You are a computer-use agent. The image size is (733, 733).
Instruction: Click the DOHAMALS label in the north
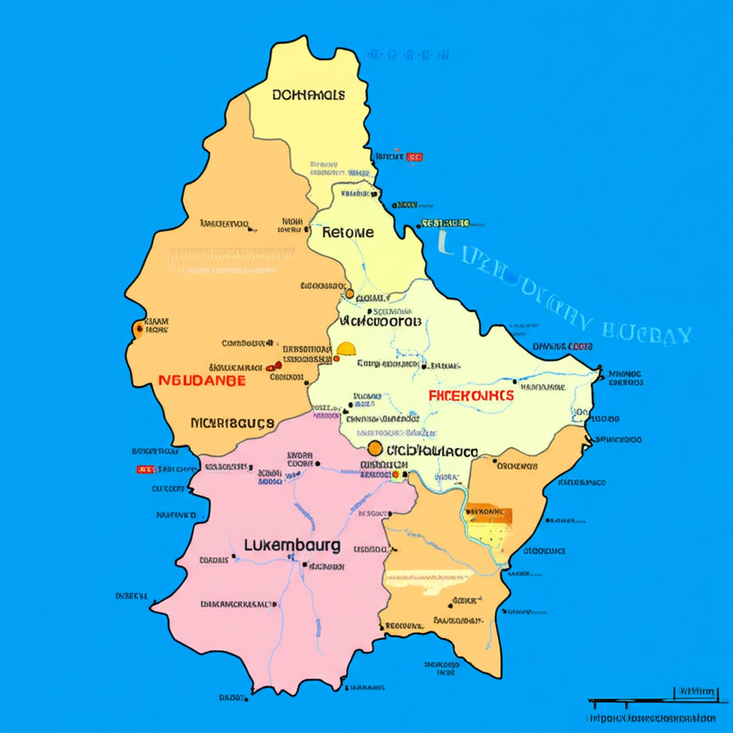click(x=309, y=94)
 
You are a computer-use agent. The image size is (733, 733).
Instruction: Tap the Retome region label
click(x=348, y=233)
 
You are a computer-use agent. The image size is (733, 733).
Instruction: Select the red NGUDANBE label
click(x=202, y=380)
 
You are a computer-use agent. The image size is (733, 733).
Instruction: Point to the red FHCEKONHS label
click(x=471, y=395)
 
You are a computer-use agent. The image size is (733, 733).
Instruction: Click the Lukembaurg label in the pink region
click(x=292, y=545)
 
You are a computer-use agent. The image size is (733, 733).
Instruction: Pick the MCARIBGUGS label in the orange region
click(x=233, y=423)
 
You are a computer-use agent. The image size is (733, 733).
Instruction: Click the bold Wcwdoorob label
click(x=379, y=321)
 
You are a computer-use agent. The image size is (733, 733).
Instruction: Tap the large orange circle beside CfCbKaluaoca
click(x=374, y=449)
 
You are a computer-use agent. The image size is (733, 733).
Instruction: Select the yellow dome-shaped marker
click(x=346, y=349)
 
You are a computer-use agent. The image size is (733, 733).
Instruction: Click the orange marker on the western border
click(x=138, y=329)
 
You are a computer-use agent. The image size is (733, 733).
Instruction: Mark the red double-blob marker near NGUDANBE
click(x=273, y=366)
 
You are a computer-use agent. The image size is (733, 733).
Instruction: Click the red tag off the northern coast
click(x=414, y=157)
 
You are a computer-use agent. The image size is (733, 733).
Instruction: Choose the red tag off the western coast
click(x=145, y=470)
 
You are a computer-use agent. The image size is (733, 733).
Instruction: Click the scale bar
click(x=651, y=701)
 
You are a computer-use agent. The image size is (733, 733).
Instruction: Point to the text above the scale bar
click(x=696, y=691)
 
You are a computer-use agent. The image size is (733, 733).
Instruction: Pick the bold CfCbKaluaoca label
click(x=432, y=452)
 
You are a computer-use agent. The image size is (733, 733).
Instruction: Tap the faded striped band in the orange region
click(x=230, y=261)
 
